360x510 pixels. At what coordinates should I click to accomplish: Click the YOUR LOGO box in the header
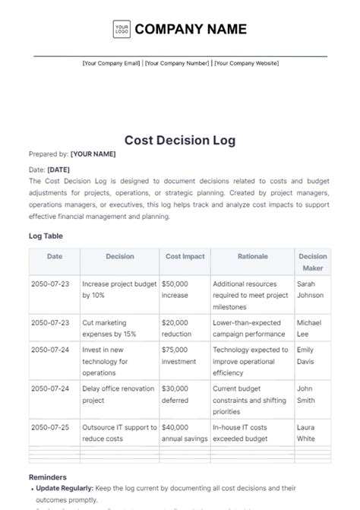point(122,30)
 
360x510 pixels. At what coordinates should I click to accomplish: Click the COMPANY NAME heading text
point(191,30)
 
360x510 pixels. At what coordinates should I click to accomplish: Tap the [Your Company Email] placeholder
point(111,64)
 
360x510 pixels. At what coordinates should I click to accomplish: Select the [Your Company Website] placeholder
point(246,64)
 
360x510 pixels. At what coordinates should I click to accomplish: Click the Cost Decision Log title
point(180,140)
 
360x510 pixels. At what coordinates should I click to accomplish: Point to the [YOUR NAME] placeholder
point(93,154)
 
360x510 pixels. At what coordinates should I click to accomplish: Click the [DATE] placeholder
point(58,169)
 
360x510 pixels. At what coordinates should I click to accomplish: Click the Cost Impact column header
point(185,257)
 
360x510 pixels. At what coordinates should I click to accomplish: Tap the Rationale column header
point(252,257)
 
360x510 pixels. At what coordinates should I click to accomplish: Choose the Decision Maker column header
point(312,262)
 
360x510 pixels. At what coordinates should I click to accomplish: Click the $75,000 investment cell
point(179,355)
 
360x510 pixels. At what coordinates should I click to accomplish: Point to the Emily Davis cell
point(307,355)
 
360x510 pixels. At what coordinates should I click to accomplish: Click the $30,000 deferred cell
point(176,394)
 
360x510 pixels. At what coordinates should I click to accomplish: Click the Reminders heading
point(48,477)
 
